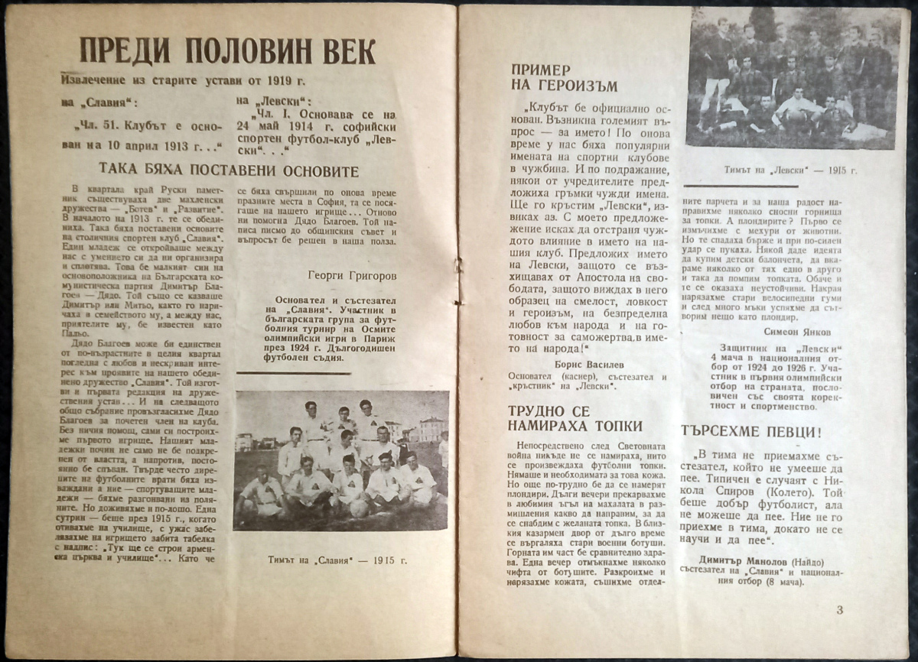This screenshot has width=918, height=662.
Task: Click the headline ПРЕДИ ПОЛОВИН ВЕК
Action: coord(226,52)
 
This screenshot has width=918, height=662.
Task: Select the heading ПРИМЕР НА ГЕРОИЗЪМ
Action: coord(565,77)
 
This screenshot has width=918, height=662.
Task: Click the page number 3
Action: coord(839,609)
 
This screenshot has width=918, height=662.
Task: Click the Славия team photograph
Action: coord(341,461)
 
